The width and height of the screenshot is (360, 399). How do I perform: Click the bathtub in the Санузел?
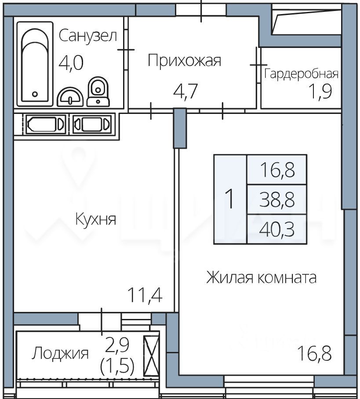(x=35, y=64)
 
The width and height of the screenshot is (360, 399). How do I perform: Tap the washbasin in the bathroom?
(x=70, y=97)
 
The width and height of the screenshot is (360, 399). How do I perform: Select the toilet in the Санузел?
(x=98, y=92)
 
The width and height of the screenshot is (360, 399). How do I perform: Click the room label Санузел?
(x=88, y=36)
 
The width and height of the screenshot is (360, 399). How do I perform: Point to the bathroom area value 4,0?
(x=71, y=62)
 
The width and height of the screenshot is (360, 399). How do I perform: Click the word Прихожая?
(x=184, y=61)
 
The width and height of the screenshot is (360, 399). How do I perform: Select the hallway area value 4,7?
(x=185, y=91)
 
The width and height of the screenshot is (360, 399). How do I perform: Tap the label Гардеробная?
(x=301, y=74)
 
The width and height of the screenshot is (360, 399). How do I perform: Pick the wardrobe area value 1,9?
(x=320, y=91)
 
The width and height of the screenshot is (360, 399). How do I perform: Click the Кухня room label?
(x=95, y=219)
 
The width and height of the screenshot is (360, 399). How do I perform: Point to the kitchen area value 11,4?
(x=145, y=295)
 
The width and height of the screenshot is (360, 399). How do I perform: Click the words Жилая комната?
(x=262, y=277)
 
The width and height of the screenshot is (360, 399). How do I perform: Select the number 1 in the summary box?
(x=230, y=199)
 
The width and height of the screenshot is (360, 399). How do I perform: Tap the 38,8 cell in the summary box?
(x=277, y=199)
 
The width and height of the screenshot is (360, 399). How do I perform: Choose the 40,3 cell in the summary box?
(x=277, y=229)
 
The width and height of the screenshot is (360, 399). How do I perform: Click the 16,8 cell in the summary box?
(x=277, y=170)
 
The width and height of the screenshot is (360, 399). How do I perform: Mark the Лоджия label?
(x=60, y=353)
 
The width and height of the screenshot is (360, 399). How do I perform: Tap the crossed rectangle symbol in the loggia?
(x=151, y=356)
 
